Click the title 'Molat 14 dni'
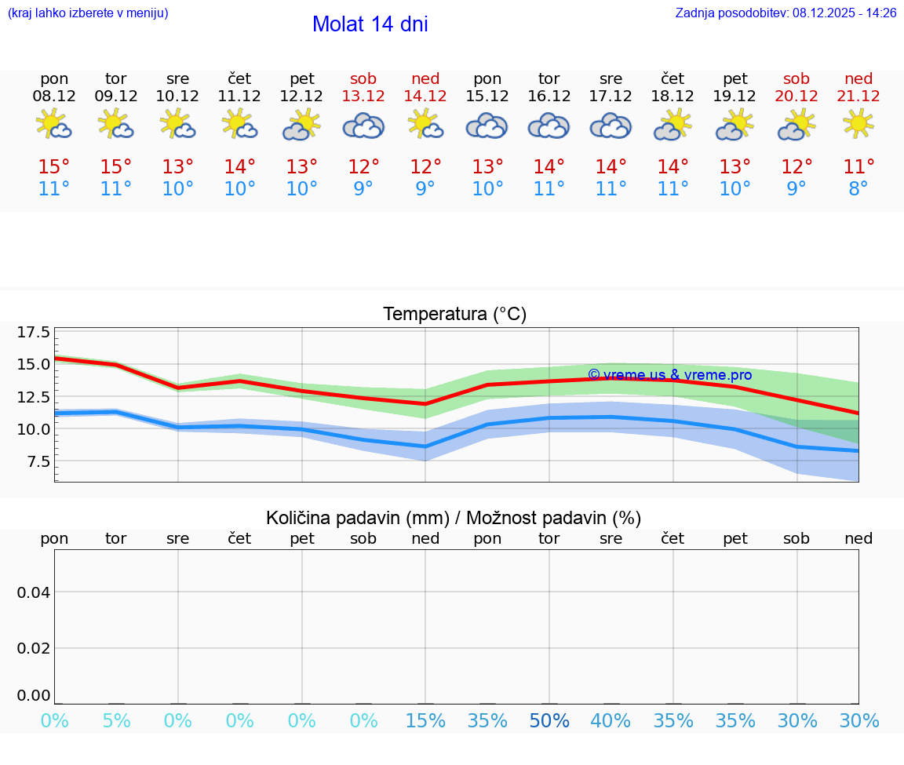(370, 24)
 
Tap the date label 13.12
(363, 96)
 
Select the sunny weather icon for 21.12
(858, 124)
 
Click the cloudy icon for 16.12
(549, 126)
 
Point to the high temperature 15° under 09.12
(116, 166)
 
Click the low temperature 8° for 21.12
(858, 189)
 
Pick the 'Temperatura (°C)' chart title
(454, 314)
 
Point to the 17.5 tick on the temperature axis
(34, 333)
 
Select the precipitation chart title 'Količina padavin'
(454, 518)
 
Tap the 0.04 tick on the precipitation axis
(34, 592)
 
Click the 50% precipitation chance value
(549, 721)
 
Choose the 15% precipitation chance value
(425, 721)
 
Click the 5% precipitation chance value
(116, 721)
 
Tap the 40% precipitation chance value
(611, 721)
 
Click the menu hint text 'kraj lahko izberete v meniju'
(87, 13)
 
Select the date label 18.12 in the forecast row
(673, 96)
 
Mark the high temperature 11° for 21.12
(858, 166)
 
